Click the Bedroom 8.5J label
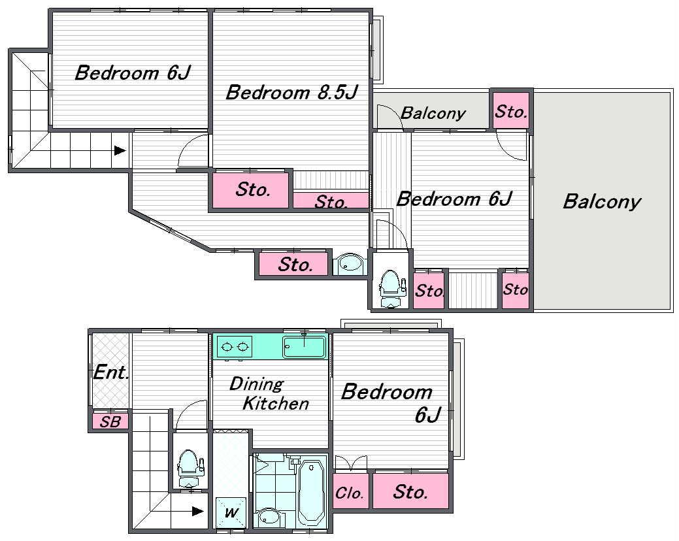pos(292,93)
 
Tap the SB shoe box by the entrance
pos(110,421)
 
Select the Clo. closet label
pos(349,493)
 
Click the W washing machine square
pos(231,512)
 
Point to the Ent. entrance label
pos(111,372)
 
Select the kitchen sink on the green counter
pos(304,346)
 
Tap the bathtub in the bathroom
pos(311,491)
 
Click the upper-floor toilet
pos(391,288)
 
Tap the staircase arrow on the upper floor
pos(120,151)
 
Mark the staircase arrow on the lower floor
pos(198,511)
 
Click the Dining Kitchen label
pos(269,393)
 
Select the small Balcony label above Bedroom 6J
pos(433,114)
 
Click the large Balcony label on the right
pos(602,202)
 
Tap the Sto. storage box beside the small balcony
pos(511,111)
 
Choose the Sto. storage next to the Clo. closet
pos(410,491)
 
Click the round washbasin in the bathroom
pos(269,517)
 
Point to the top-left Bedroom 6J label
pos(133,73)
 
